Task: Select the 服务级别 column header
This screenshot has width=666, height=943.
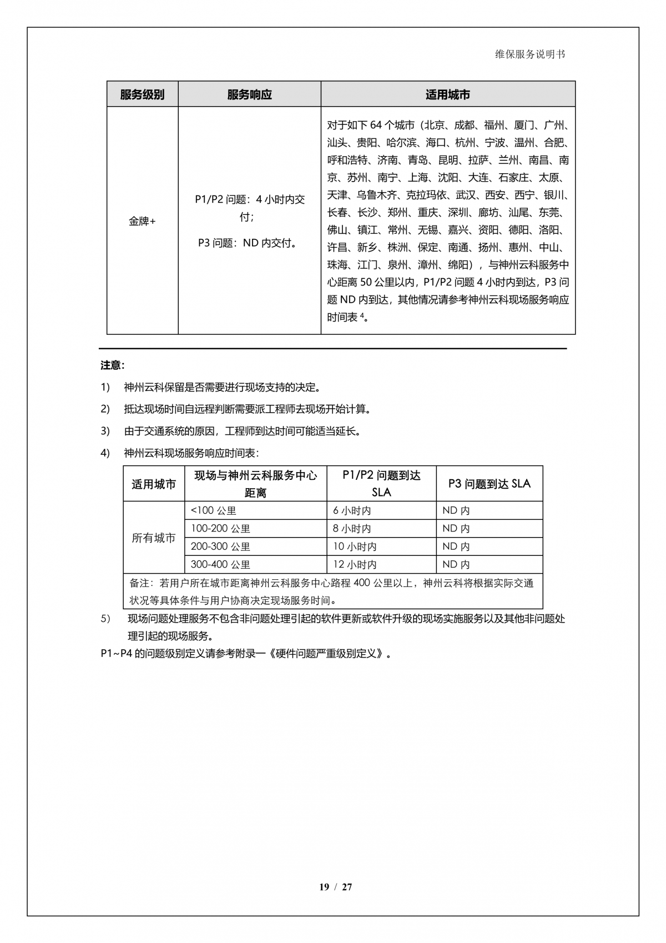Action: coord(142,94)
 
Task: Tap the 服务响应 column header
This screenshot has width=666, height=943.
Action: coord(249,94)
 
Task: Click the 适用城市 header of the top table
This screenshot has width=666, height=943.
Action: coord(447,94)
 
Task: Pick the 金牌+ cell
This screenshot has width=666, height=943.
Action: coord(142,221)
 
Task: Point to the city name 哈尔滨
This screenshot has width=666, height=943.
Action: coord(401,142)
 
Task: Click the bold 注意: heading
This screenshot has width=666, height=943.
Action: coord(112,365)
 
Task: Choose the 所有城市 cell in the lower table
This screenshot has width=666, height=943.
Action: coord(154,538)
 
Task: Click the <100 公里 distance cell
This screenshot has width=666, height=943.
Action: coord(214,510)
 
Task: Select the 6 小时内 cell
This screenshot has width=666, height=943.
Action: coord(352,510)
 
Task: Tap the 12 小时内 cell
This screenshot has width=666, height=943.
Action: coord(355,564)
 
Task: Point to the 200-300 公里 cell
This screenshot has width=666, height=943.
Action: coord(220,546)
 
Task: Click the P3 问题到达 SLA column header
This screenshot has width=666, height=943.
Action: coord(489,484)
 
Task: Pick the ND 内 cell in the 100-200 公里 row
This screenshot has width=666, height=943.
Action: coord(456,528)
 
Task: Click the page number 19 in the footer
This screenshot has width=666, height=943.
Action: coord(324,887)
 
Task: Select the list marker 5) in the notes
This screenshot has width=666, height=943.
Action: coord(105,619)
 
